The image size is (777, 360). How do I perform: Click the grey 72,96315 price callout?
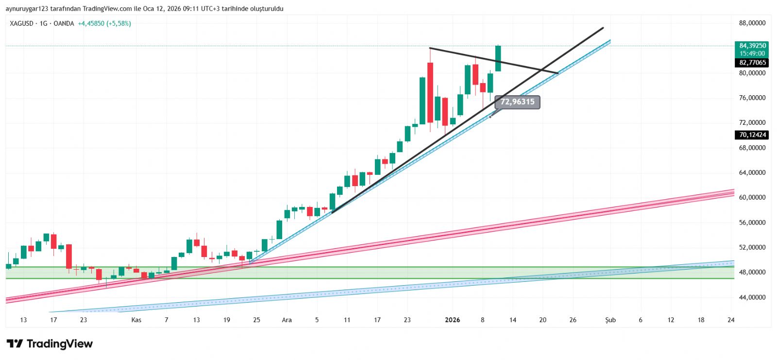click(517, 102)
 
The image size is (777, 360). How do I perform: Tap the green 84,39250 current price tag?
click(752, 46)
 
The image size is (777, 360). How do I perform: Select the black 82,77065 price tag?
click(752, 63)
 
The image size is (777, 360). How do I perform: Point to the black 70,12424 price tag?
click(752, 135)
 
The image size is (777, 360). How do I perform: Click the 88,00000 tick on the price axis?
click(752, 23)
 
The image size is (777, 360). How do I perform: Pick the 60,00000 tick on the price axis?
click(752, 197)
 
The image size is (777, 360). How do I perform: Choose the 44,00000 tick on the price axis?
click(752, 297)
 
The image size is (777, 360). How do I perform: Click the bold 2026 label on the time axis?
click(452, 320)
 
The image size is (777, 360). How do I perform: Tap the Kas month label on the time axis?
click(136, 320)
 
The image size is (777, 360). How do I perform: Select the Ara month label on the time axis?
click(287, 320)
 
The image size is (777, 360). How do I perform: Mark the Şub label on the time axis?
click(610, 320)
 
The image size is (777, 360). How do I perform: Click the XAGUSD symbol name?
click(21, 23)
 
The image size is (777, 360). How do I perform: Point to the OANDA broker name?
click(64, 23)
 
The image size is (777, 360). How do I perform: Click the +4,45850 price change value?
click(91, 23)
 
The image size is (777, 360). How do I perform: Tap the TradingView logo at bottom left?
click(50, 344)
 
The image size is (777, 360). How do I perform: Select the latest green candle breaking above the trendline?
click(498, 58)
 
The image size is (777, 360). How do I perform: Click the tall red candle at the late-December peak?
click(430, 92)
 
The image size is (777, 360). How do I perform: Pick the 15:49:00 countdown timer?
click(752, 53)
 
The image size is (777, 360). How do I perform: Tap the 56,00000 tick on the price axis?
click(752, 223)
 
